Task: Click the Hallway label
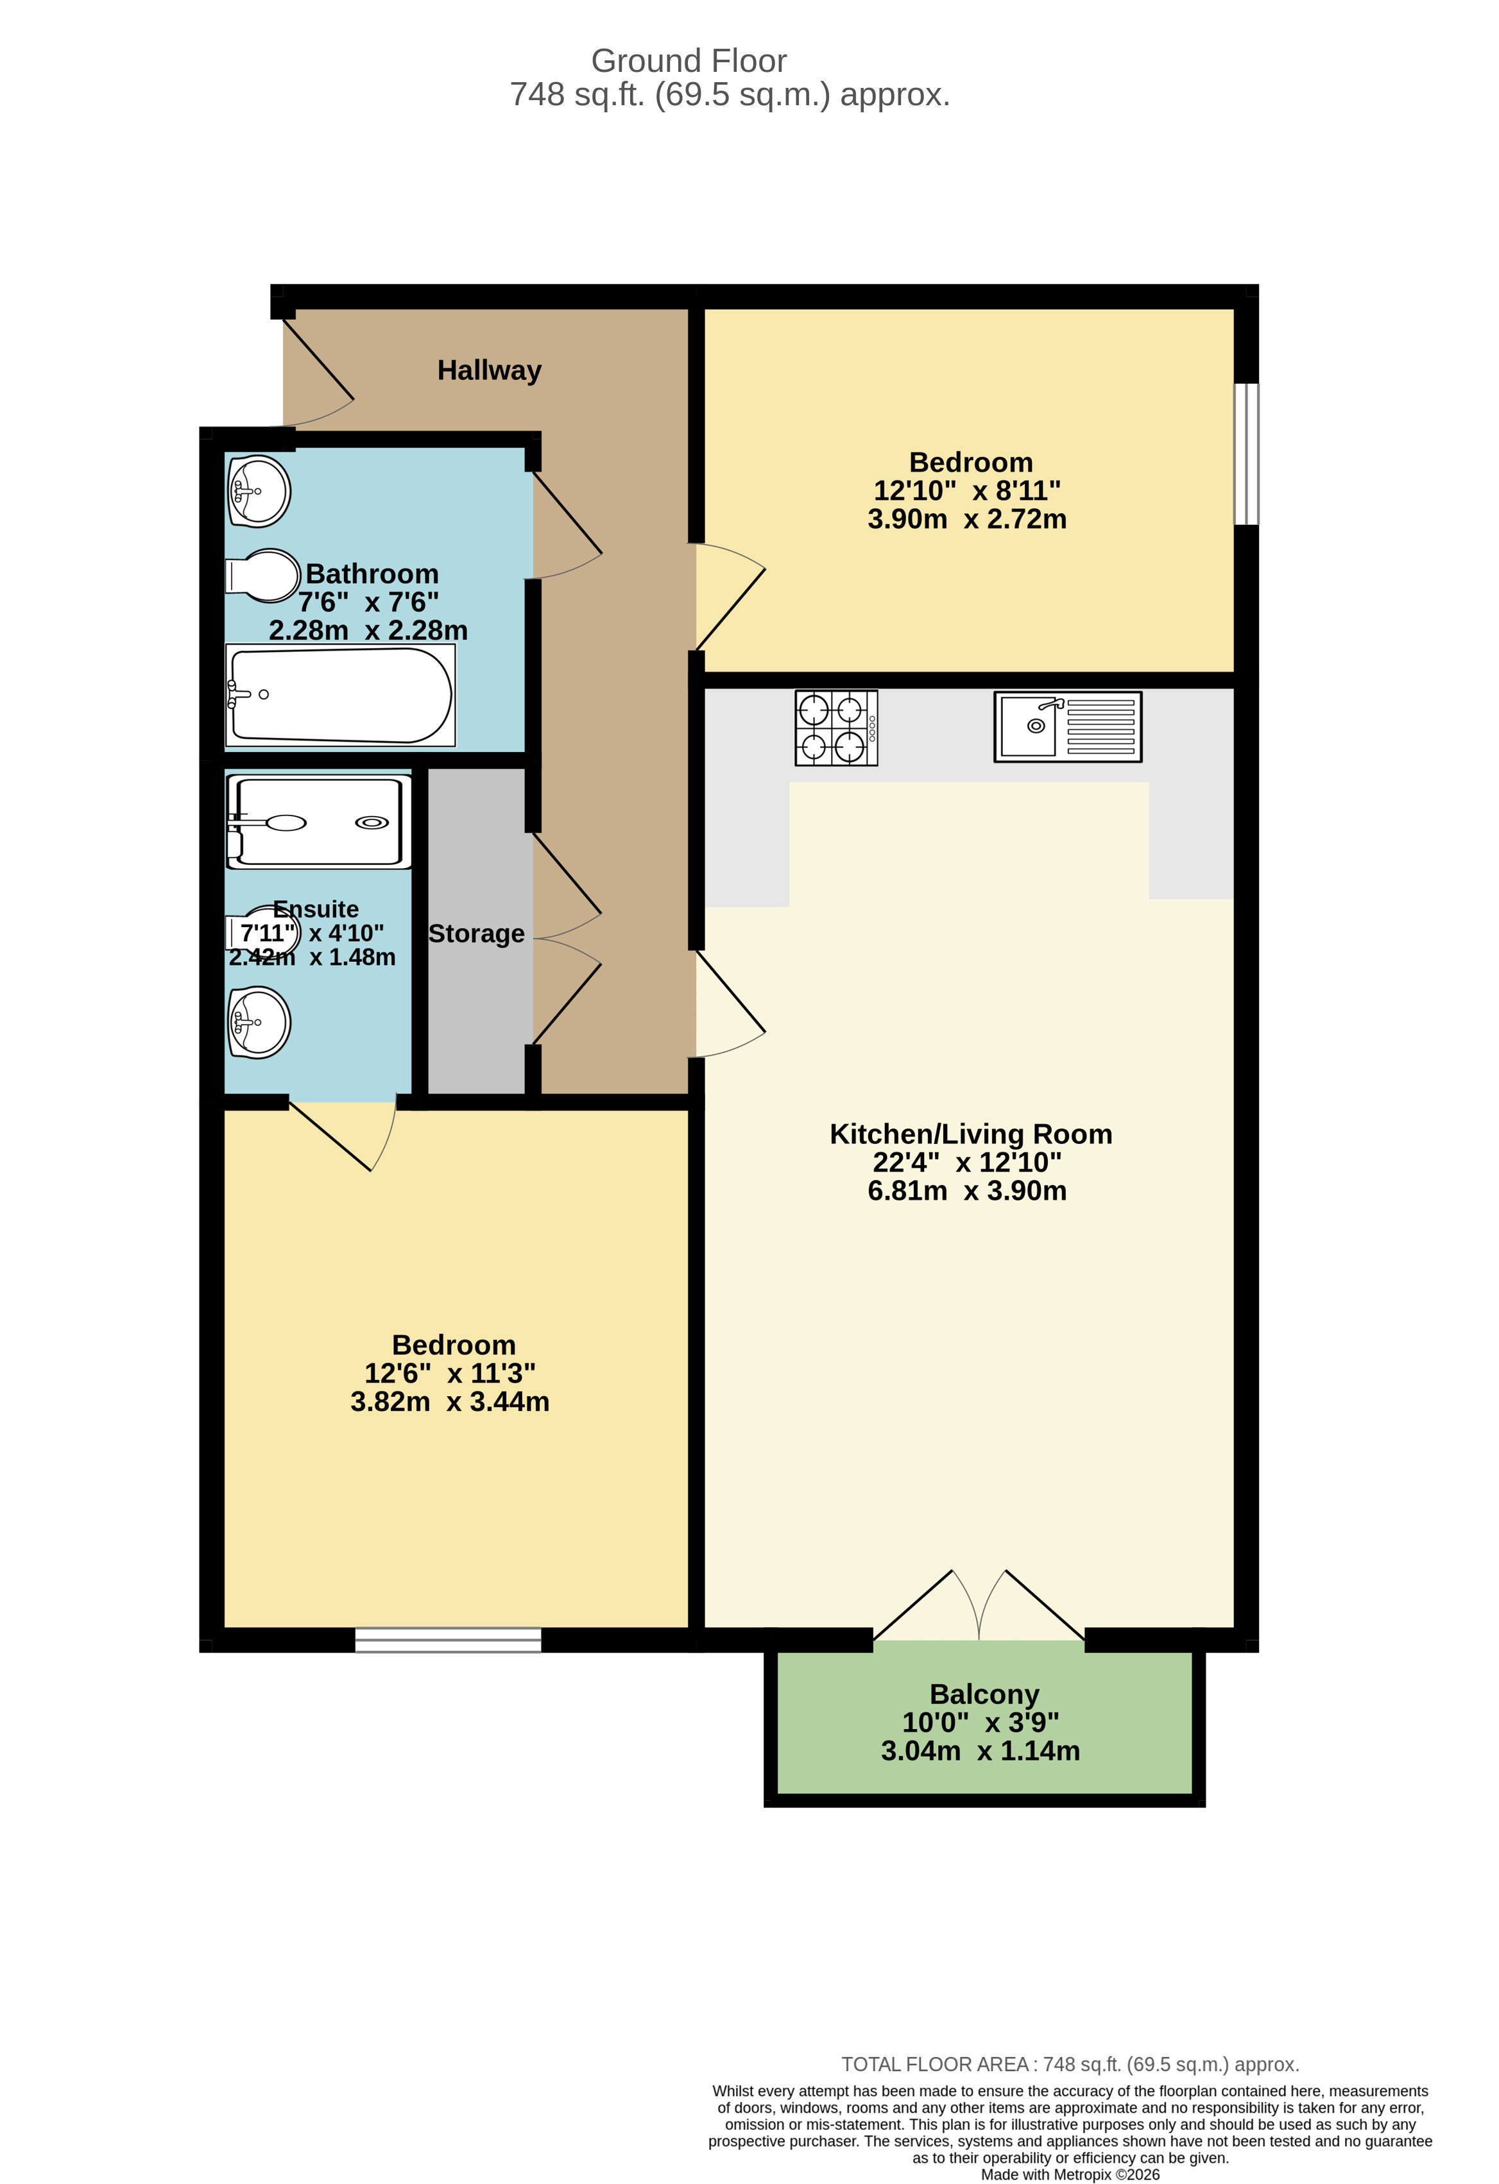[489, 370]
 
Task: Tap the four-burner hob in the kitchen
[835, 728]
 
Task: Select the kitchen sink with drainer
[1068, 726]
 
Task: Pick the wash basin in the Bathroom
[259, 491]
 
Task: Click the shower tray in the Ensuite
[318, 821]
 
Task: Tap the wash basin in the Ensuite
[259, 1023]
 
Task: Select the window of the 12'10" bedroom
[1246, 454]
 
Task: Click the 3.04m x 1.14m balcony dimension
[981, 1751]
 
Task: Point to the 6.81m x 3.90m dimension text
[966, 1191]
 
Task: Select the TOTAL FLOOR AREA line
[1070, 2065]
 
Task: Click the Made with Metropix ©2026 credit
[1070, 2174]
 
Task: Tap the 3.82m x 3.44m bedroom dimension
[449, 1401]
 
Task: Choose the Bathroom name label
[372, 573]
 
